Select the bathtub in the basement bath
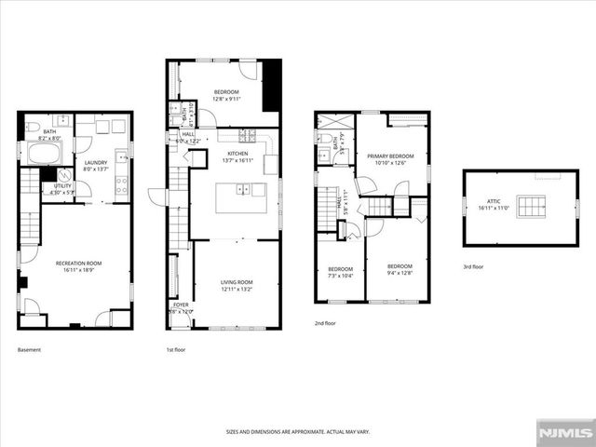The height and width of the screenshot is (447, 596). [43, 154]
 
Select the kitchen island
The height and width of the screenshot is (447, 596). [241, 197]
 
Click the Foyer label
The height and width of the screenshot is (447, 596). [180, 307]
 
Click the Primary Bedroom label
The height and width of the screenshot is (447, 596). [390, 159]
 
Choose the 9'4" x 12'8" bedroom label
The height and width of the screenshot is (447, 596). [398, 268]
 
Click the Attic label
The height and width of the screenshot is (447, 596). [494, 207]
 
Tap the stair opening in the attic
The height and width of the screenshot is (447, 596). [532, 206]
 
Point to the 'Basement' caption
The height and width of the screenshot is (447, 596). [29, 349]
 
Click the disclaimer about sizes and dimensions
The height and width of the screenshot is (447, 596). [297, 432]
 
